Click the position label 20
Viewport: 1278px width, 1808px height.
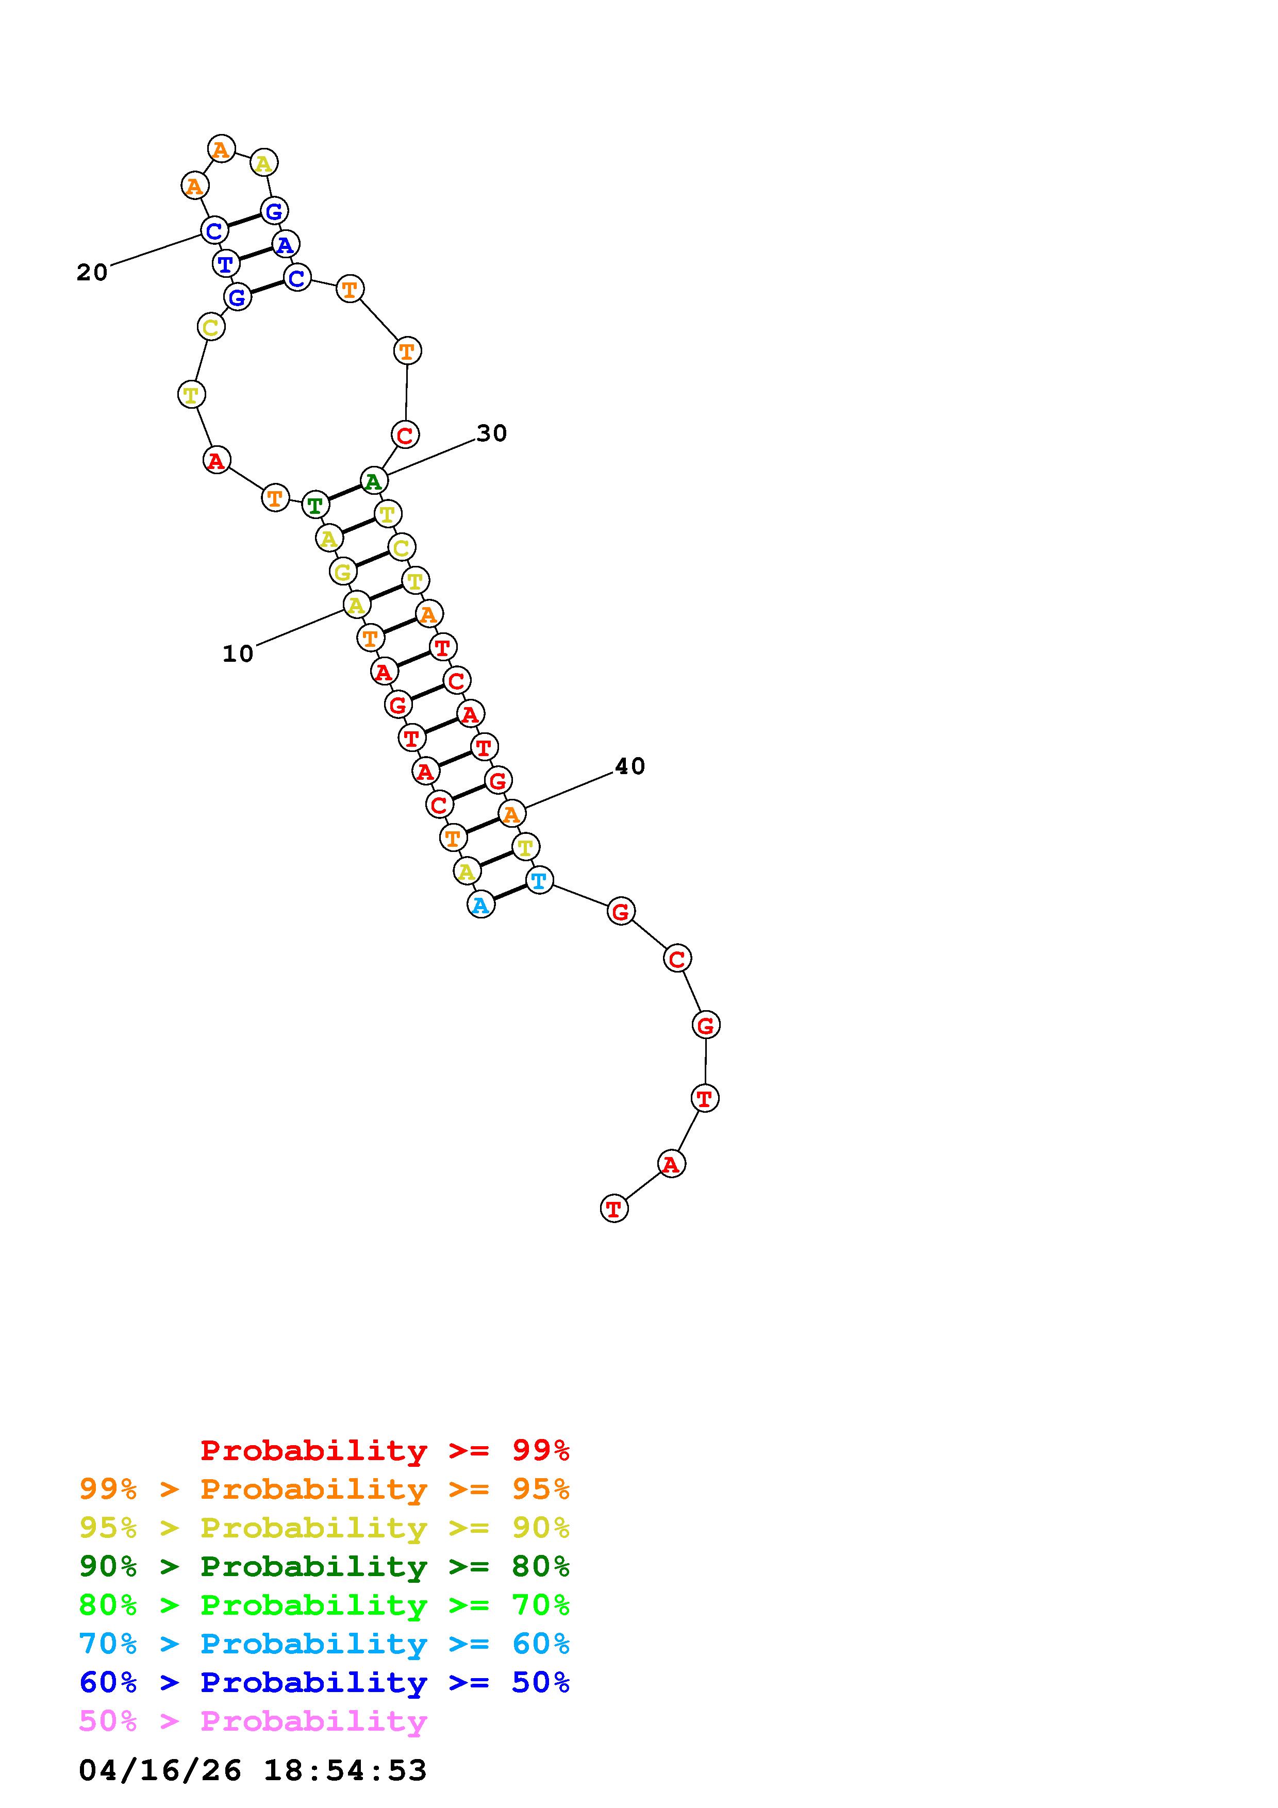point(92,273)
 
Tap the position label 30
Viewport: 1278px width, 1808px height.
point(492,433)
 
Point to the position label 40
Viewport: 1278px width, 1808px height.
point(630,766)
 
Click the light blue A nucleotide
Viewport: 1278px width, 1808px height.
point(480,906)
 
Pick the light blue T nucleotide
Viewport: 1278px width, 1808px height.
point(539,880)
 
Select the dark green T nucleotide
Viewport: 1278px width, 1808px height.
point(315,504)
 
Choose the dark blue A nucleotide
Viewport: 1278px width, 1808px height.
point(285,244)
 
